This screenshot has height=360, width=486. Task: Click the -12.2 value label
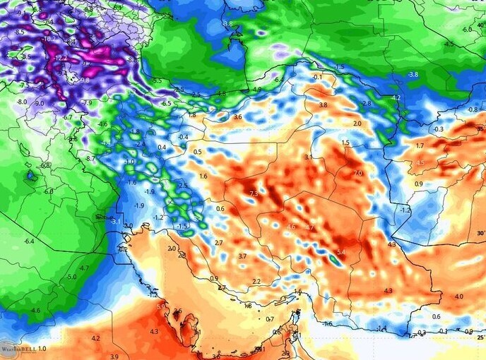click(x=60, y=58)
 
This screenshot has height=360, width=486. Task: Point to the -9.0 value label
click(x=39, y=104)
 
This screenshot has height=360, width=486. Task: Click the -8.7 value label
click(x=90, y=159)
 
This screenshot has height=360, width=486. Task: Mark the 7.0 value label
click(x=357, y=173)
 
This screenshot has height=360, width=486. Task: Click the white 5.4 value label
click(x=341, y=253)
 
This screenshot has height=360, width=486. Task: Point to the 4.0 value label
click(x=459, y=296)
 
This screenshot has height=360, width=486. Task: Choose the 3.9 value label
click(x=114, y=357)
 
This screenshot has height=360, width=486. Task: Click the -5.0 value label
click(x=71, y=277)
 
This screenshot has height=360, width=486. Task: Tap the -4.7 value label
click(x=84, y=268)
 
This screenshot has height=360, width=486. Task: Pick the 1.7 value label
click(x=420, y=146)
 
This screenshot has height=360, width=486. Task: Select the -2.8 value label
click(x=366, y=104)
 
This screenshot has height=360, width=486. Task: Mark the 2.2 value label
click(x=256, y=282)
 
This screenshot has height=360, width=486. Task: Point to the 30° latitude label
click(x=480, y=234)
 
